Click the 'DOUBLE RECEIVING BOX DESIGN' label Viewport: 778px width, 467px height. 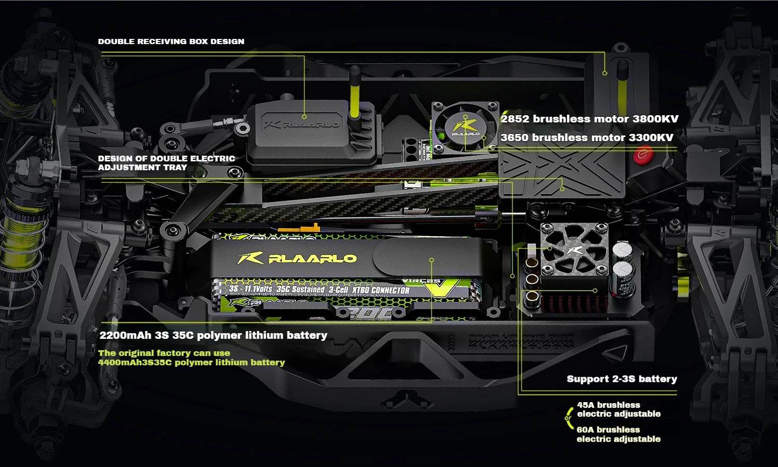171,42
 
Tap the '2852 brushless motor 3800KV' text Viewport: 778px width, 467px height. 589,119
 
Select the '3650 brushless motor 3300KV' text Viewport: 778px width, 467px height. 587,138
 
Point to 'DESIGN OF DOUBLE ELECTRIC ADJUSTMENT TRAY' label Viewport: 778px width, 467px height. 166,163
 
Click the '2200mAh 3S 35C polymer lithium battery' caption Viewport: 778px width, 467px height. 213,335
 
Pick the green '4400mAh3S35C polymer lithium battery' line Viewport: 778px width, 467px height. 191,362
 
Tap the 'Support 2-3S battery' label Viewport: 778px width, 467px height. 621,379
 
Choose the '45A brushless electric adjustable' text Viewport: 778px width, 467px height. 618,409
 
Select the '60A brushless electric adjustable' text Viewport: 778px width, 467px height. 618,434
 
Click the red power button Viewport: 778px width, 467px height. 644,154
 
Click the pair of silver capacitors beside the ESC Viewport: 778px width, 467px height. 623,264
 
